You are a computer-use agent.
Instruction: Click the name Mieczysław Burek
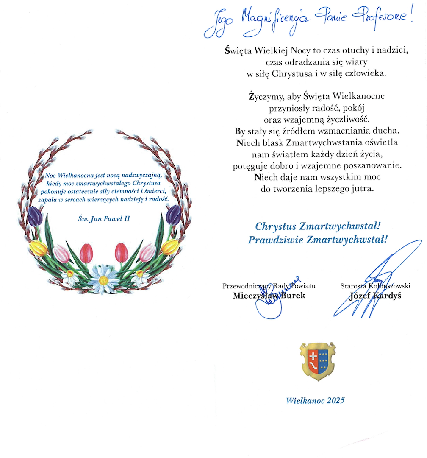click(x=269, y=296)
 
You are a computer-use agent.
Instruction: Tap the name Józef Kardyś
click(x=375, y=296)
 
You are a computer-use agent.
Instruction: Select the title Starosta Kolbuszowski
click(x=375, y=286)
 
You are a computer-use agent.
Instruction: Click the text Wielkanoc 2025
click(x=315, y=400)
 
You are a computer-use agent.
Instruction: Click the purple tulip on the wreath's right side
click(x=173, y=215)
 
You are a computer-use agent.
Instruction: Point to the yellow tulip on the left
click(x=39, y=248)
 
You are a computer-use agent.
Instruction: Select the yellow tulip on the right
click(x=169, y=246)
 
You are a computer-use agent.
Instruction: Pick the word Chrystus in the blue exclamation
click(x=275, y=226)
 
